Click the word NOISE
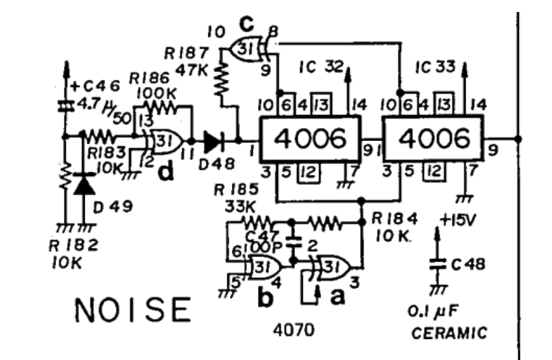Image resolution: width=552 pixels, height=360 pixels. (133, 310)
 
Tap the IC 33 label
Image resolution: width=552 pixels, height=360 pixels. (436, 67)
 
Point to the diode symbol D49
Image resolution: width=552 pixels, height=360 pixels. (85, 184)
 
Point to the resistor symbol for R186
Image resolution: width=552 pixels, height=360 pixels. (161, 107)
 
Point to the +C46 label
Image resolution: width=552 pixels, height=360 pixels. (95, 87)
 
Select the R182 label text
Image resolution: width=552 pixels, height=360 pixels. (74, 246)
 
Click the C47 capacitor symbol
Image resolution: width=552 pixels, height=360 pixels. (294, 242)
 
